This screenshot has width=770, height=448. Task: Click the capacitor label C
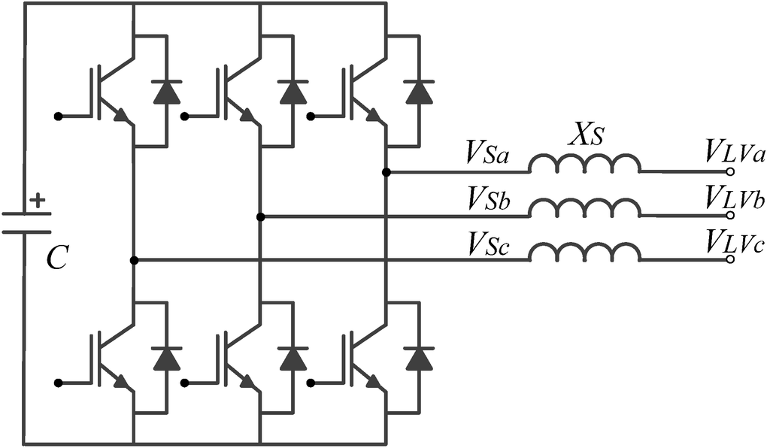(x=57, y=259)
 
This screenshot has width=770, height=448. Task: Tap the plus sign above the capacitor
(x=38, y=201)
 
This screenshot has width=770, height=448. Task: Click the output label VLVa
(x=734, y=154)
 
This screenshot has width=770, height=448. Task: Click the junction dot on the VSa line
(x=386, y=172)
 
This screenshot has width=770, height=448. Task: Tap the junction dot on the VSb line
(x=260, y=217)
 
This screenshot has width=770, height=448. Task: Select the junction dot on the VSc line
(x=134, y=260)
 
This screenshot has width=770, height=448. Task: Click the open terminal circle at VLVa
(x=729, y=172)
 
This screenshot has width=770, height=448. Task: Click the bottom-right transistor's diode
(x=417, y=358)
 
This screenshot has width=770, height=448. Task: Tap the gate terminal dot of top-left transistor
(x=57, y=117)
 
